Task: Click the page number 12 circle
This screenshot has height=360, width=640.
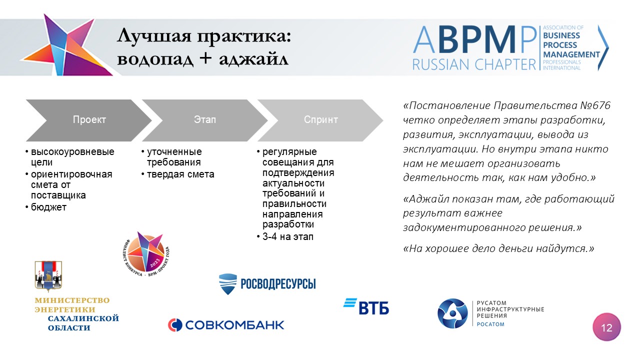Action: (606, 327)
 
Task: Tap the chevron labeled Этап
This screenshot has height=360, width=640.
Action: (204, 120)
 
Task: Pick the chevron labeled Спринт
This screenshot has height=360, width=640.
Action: (320, 120)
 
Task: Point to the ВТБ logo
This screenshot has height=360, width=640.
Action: (366, 306)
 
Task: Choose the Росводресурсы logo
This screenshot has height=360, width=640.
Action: (267, 283)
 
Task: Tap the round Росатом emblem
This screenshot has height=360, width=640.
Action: (452, 313)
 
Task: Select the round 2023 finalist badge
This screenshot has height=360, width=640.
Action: (146, 254)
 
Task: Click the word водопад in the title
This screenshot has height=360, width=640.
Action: (155, 59)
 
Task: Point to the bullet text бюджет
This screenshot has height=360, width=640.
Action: (48, 207)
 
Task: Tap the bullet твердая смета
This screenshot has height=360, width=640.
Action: (180, 174)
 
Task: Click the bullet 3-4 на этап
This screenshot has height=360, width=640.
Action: (288, 237)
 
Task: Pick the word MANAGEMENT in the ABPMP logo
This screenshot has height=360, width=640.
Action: (571, 54)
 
